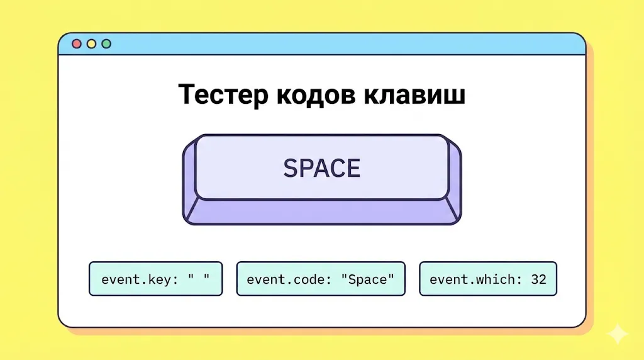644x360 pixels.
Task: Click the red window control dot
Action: point(77,44)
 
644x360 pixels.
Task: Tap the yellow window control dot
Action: point(92,44)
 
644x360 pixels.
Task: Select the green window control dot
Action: point(106,44)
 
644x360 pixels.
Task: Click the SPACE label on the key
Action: point(322,168)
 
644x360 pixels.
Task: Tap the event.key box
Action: point(155,279)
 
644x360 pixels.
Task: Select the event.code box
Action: point(321,279)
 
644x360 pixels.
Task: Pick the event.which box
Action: point(488,279)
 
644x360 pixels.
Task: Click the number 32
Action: point(538,279)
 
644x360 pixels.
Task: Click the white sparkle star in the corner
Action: point(618,334)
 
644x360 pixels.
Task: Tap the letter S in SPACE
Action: point(290,168)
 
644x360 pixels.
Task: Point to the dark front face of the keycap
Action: point(322,212)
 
